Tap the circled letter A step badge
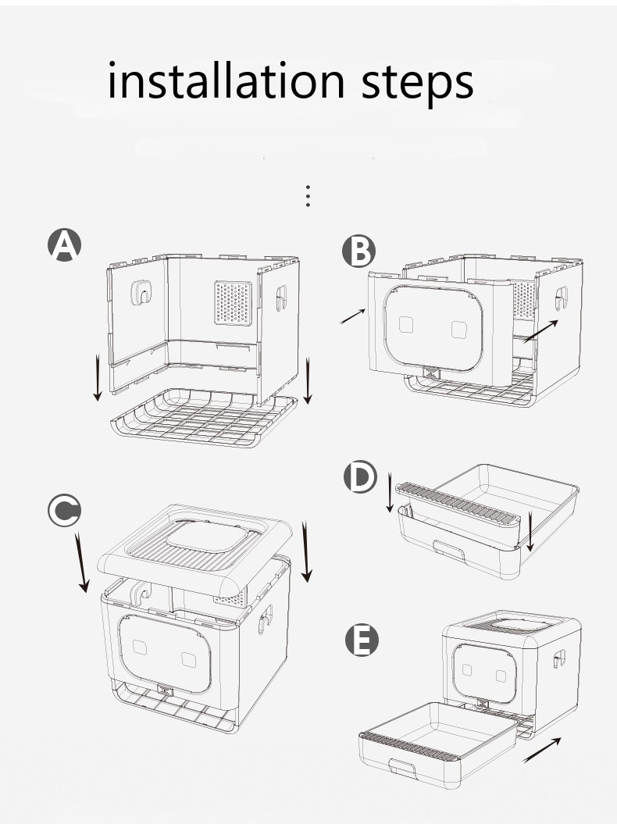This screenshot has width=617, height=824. [x=64, y=244]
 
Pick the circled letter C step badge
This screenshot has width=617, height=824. [x=63, y=511]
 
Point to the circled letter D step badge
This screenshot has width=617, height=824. [x=360, y=478]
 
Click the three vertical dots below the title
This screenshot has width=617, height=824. [x=308, y=196]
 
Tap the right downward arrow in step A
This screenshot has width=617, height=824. [x=308, y=381]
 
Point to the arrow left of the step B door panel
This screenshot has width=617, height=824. [x=353, y=316]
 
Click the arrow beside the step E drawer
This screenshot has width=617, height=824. [x=540, y=749]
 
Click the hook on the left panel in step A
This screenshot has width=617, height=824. [x=141, y=293]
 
